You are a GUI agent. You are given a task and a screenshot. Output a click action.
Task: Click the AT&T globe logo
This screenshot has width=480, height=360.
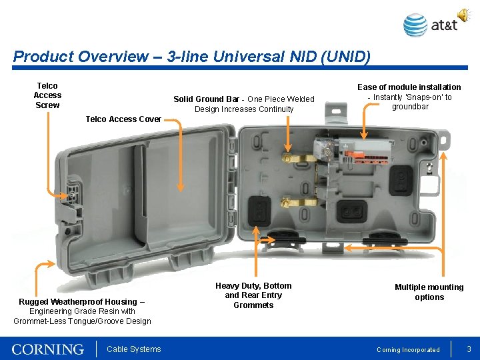(x=415, y=25)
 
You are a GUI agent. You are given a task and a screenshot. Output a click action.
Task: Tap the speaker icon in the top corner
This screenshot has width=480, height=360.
(x=463, y=15)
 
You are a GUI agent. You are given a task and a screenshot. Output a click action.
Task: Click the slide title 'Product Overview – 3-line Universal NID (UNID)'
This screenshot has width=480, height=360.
(x=191, y=56)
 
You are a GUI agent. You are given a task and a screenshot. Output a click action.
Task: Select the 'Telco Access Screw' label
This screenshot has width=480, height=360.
(x=47, y=95)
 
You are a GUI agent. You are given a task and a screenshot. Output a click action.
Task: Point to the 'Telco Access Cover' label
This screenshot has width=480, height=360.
(x=123, y=119)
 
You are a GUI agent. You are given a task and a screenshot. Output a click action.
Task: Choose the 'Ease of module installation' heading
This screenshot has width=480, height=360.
(x=409, y=87)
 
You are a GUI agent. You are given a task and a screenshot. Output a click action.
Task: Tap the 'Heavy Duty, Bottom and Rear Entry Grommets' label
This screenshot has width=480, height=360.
(x=253, y=295)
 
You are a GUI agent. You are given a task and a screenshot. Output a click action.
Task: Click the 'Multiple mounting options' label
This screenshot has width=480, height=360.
(x=429, y=292)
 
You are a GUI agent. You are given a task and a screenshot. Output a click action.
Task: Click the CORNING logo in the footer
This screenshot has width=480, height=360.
(x=48, y=349)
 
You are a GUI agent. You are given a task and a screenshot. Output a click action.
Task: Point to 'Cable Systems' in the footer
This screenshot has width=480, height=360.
(x=134, y=349)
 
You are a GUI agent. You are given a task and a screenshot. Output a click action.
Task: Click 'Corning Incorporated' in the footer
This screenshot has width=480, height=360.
(x=408, y=350)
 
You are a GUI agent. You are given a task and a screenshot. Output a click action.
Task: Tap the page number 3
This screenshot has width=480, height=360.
(x=469, y=349)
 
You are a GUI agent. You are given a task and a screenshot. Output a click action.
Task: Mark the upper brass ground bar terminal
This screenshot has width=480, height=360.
(x=297, y=158)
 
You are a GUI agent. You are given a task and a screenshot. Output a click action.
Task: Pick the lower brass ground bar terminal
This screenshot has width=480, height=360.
(x=297, y=201)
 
